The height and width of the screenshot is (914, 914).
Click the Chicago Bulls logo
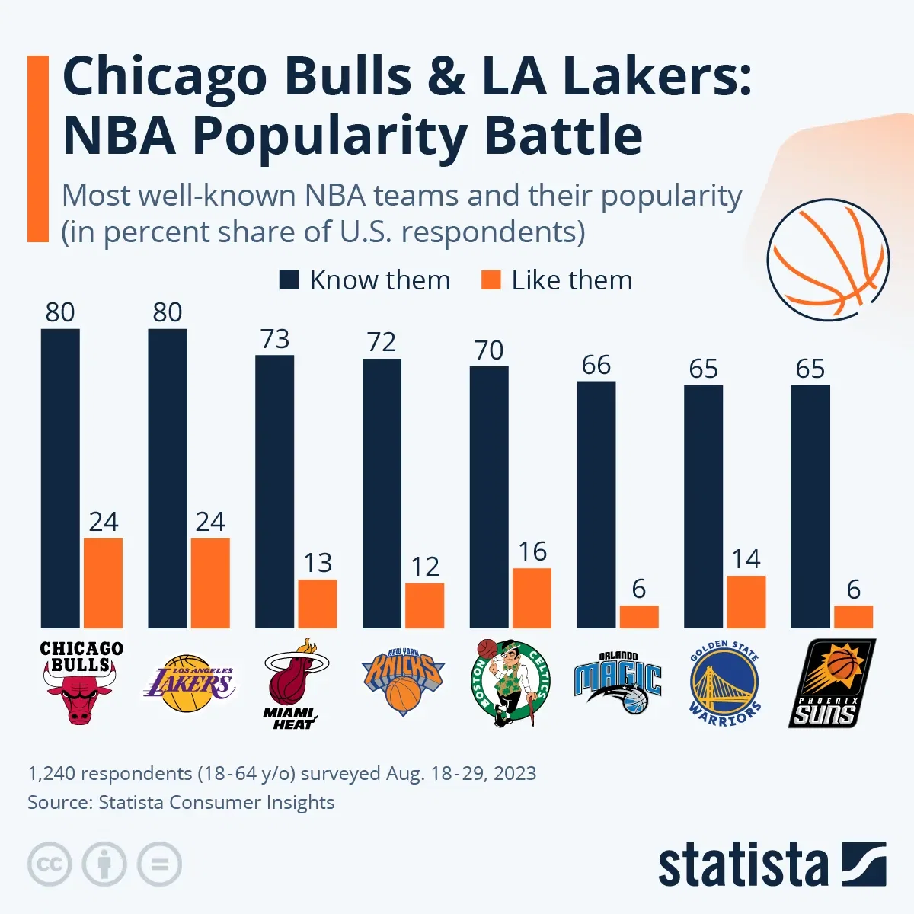click(x=81, y=682)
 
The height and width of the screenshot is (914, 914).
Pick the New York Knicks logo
click(x=402, y=682)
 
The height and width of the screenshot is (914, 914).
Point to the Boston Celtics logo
click(x=510, y=682)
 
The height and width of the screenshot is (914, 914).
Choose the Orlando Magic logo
click(x=618, y=682)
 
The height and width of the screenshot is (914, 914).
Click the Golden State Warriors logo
click(x=724, y=682)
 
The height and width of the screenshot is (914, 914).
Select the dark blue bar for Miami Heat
click(x=274, y=491)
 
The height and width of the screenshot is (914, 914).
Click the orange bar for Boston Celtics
click(x=532, y=598)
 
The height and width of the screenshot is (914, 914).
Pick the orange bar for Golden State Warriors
click(x=746, y=602)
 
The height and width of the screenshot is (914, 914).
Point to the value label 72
click(x=382, y=342)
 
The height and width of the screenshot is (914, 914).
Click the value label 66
click(x=596, y=365)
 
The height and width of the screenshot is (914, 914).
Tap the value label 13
click(x=318, y=563)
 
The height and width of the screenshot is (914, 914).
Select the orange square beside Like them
click(x=491, y=280)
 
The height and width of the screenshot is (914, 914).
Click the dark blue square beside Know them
click(x=289, y=280)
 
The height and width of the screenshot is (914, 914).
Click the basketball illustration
click(x=828, y=259)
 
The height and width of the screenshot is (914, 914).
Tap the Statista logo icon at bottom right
click(x=864, y=864)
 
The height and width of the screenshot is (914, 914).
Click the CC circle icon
click(x=50, y=864)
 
